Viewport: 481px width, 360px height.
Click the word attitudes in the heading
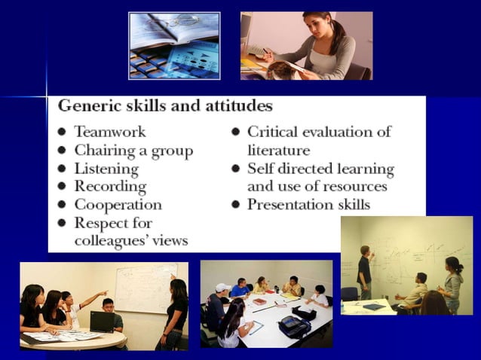click(x=236, y=105)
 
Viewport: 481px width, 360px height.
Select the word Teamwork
click(x=109, y=132)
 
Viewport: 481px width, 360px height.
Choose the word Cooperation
click(x=118, y=204)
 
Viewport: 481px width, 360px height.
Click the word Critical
click(x=274, y=132)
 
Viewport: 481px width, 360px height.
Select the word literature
click(x=279, y=150)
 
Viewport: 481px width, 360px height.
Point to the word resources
click(x=352, y=186)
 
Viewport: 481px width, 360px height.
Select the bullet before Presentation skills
click(x=235, y=205)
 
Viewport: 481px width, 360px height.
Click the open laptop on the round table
click(x=102, y=322)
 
